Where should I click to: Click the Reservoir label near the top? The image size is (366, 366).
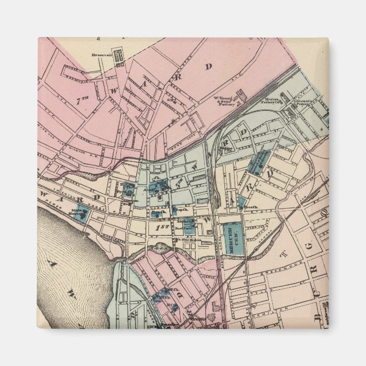(100, 55)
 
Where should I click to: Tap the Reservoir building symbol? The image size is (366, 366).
(119, 56)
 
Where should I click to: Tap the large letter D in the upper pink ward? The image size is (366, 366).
(208, 66)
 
